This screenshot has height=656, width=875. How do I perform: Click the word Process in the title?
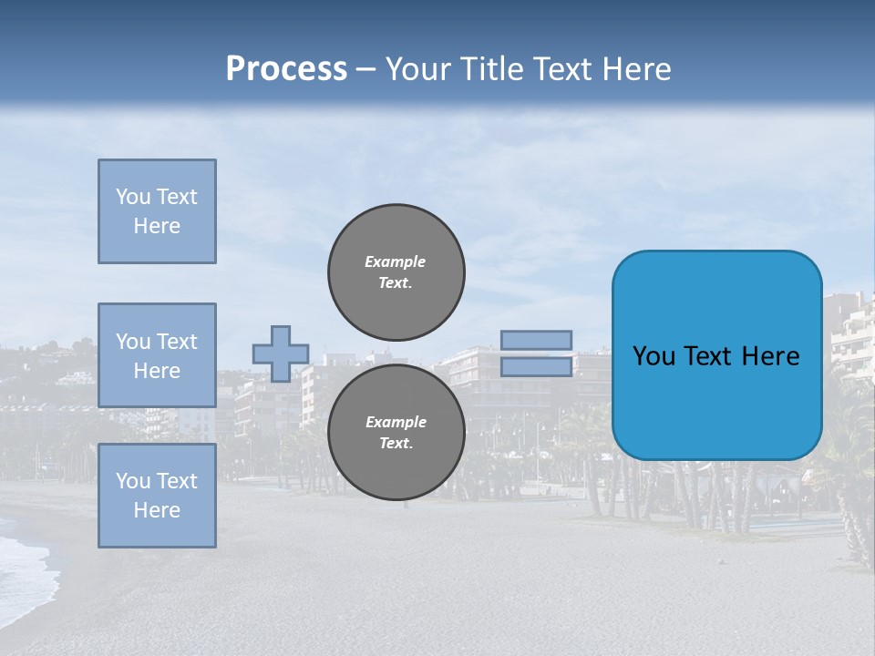(x=286, y=68)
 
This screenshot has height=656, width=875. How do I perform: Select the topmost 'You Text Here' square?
(x=157, y=211)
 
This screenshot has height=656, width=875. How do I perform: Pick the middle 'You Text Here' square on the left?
(x=157, y=355)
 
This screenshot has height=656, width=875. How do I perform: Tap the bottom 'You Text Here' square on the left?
(x=157, y=496)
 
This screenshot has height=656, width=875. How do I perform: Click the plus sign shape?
(x=281, y=354)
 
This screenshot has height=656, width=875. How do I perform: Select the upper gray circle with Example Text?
(x=396, y=272)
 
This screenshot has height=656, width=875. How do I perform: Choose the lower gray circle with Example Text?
(x=396, y=433)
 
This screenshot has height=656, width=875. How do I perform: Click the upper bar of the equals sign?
(x=536, y=340)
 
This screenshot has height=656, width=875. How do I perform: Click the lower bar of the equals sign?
(x=536, y=367)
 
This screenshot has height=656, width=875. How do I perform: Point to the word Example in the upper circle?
(x=395, y=261)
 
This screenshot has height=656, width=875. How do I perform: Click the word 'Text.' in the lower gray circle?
(x=396, y=444)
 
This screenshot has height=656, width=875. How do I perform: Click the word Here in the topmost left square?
(x=157, y=226)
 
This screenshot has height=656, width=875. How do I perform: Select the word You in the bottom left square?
(x=133, y=481)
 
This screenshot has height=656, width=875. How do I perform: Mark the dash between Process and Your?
(x=365, y=69)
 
